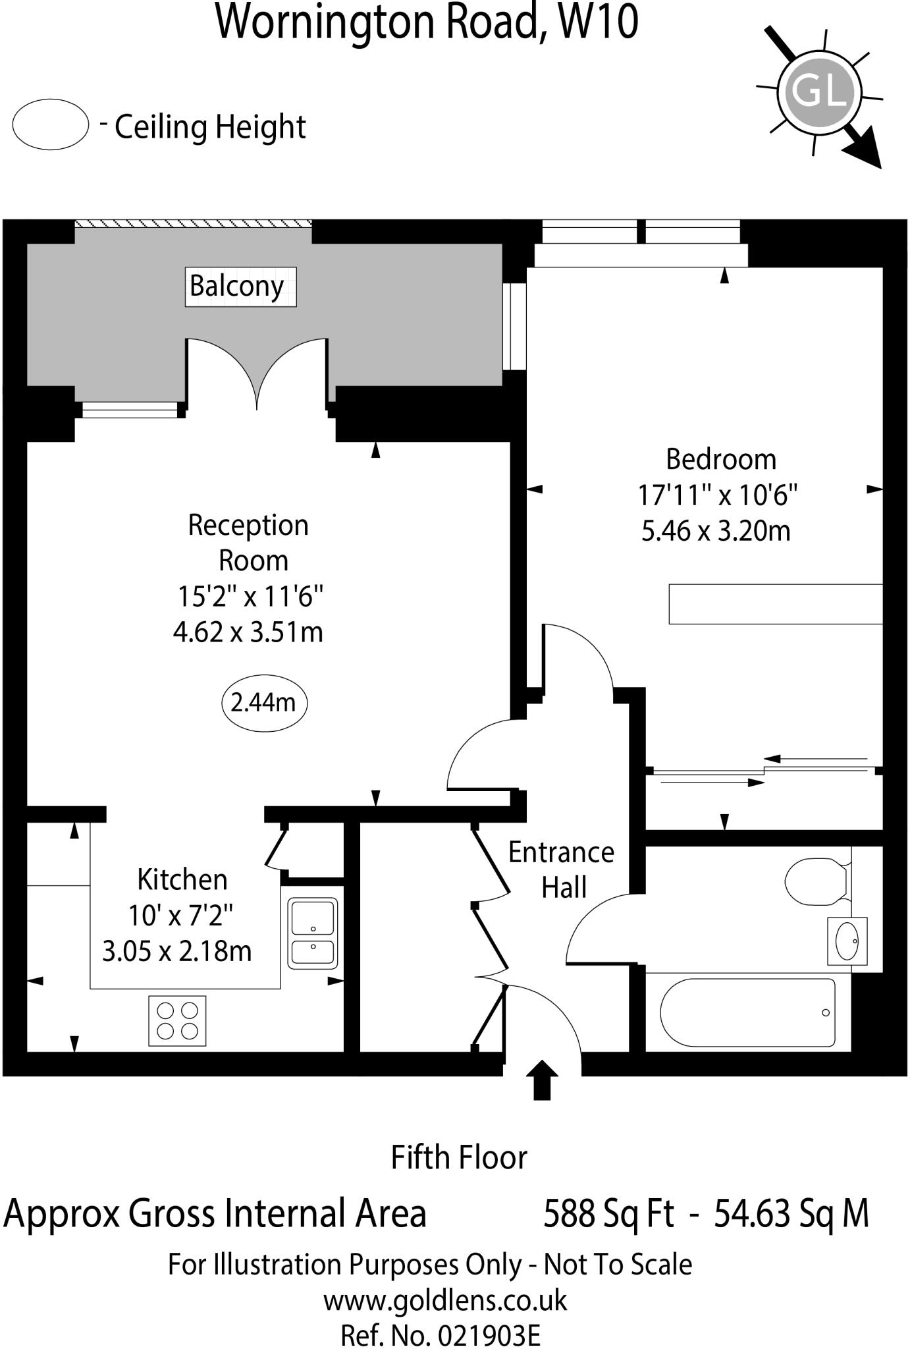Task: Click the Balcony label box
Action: click(x=240, y=287)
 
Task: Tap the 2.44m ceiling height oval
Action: click(x=264, y=703)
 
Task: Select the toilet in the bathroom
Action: click(x=816, y=881)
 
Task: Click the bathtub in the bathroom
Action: click(x=747, y=1013)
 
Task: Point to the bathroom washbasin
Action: click(x=847, y=941)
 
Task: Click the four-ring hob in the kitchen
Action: click(x=177, y=1020)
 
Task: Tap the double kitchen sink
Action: click(x=313, y=934)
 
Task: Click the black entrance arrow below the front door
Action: click(x=542, y=1080)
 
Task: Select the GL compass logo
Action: click(x=820, y=92)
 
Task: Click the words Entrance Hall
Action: click(x=562, y=870)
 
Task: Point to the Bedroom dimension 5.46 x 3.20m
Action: click(x=716, y=531)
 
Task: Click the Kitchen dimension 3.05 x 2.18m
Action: click(x=177, y=951)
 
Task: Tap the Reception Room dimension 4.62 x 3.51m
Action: click(x=248, y=632)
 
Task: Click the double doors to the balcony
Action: click(x=257, y=375)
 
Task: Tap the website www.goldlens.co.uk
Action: click(x=444, y=1300)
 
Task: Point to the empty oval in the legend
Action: click(x=51, y=124)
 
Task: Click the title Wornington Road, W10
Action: click(x=427, y=22)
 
